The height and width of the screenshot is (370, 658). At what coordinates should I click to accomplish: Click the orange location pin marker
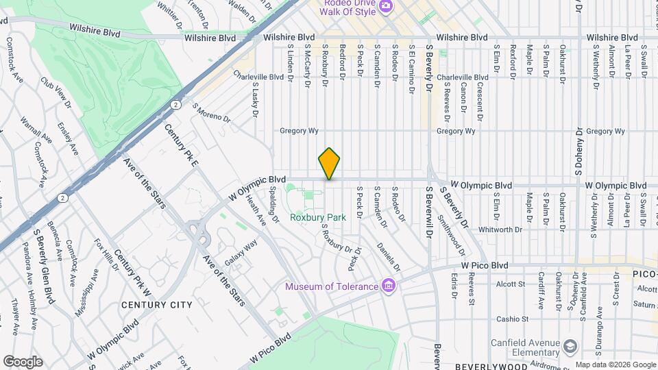click(x=329, y=163)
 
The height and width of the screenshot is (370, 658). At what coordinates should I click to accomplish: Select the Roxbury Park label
click(x=317, y=217)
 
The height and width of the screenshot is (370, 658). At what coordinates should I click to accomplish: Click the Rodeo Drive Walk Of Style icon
click(x=386, y=6)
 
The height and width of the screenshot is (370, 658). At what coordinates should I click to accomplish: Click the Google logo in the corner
click(x=23, y=362)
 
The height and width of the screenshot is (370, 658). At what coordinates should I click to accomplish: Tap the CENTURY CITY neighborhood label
click(x=157, y=304)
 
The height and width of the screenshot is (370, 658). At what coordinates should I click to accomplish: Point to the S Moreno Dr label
click(x=211, y=113)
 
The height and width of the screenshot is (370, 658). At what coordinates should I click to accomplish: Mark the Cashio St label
click(x=513, y=319)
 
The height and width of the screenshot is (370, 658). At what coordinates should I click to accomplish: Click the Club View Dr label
click(x=56, y=93)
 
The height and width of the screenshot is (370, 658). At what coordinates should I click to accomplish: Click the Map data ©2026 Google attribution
click(x=615, y=365)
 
